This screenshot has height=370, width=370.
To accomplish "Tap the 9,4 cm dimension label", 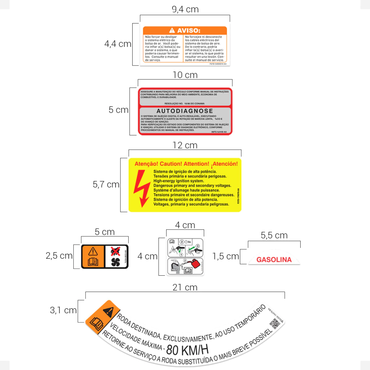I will pos(185,9).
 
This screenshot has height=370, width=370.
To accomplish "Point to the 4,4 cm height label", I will pos(118,44).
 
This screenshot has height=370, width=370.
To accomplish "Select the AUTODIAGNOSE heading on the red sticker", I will pos(185,111).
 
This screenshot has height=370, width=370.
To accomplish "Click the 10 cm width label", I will pos(185,75).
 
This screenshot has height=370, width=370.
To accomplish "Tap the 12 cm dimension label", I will pos(185,145).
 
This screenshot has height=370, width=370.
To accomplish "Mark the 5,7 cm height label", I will pos(106,185).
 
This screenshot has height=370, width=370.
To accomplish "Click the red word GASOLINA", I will pos(274,260).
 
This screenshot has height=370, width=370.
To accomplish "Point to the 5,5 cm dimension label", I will pos(274,236).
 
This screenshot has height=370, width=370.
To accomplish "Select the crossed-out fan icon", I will pos(115,250).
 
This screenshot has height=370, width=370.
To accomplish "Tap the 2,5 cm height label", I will pos(59,256).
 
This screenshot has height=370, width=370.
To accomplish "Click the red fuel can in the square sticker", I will pos(195,263).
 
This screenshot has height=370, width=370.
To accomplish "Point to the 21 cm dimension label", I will pos(185,287).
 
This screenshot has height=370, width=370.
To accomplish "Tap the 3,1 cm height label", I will pos(63,310).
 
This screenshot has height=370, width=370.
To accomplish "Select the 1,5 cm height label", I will pos(225,256).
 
